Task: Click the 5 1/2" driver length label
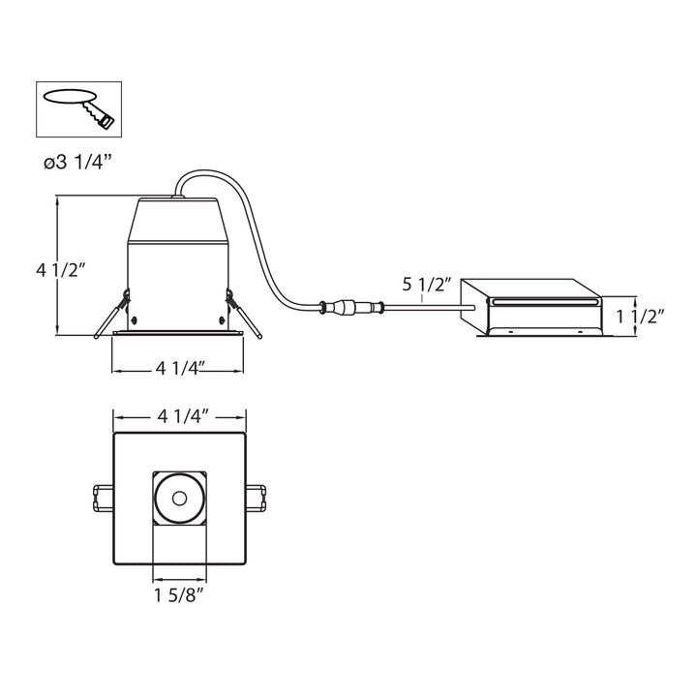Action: tap(427, 285)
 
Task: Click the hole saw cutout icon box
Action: tap(79, 108)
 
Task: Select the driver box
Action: tap(532, 307)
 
